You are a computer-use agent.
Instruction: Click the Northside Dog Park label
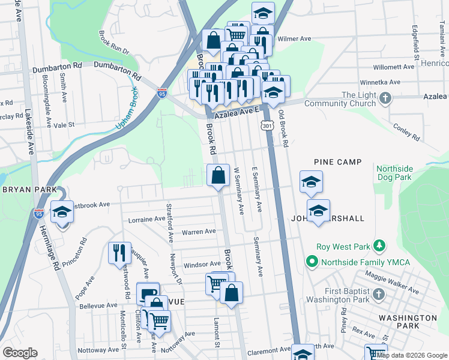pos(396,173)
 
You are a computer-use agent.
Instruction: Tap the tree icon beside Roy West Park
pos(379,245)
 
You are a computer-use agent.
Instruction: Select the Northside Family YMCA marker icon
pos(312,262)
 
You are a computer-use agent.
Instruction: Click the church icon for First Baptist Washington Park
pos(378,294)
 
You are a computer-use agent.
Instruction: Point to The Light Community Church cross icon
pos(385,97)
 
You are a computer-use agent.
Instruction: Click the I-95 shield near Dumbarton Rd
pos(162,93)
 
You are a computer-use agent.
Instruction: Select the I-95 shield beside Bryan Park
pos(39,212)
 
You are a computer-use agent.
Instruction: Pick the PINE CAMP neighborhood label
pos(338,162)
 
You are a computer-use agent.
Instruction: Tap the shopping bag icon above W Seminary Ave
pos(218,175)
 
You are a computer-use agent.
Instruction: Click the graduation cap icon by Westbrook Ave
pos(62,212)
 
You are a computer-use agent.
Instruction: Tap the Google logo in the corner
pos(20,353)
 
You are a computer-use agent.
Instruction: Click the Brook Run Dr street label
pos(114,43)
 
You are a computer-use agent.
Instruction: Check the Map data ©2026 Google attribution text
pos(411,355)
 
